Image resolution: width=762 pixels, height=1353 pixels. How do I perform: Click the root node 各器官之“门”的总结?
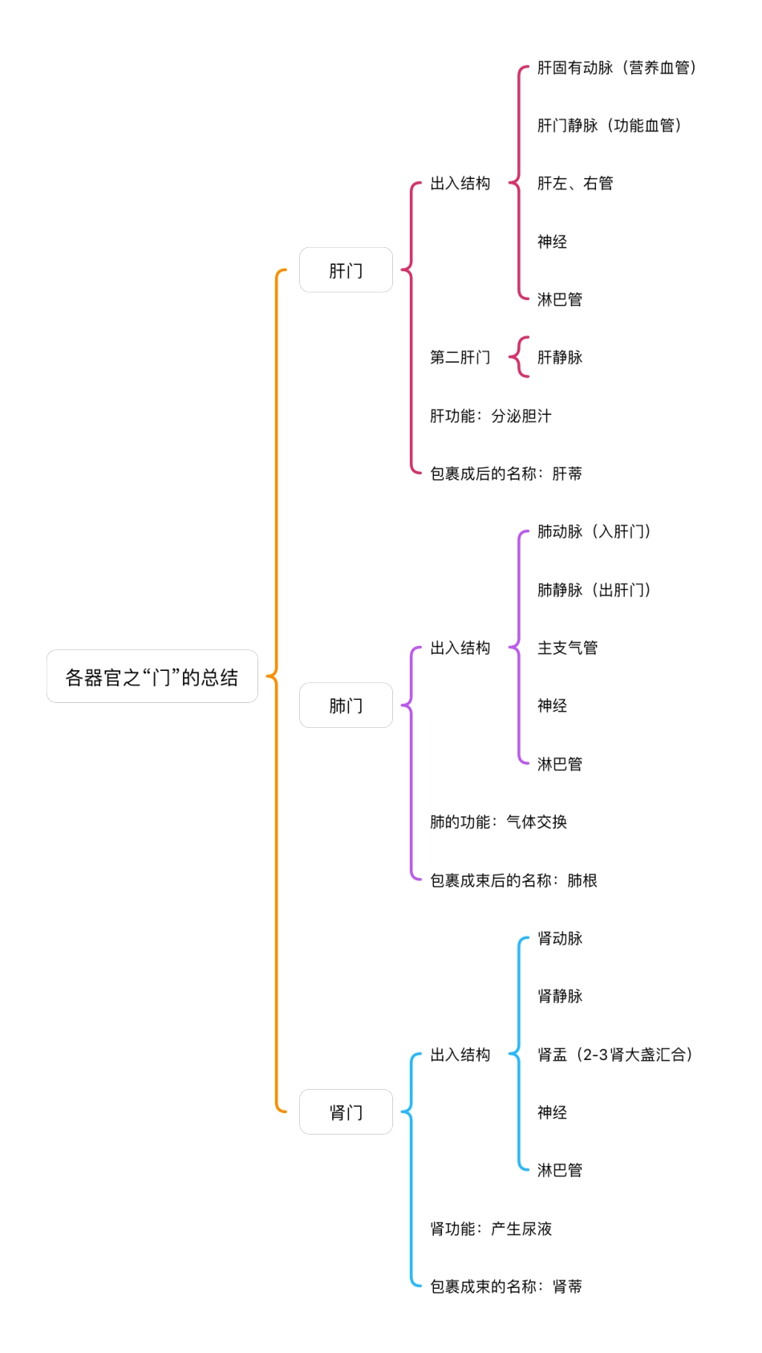tap(152, 676)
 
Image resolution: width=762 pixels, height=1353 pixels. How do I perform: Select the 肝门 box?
tap(346, 270)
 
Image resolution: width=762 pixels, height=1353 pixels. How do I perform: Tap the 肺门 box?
tap(346, 705)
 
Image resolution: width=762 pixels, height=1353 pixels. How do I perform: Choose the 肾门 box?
tap(346, 1112)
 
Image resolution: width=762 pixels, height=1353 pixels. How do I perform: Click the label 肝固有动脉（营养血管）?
tap(616, 68)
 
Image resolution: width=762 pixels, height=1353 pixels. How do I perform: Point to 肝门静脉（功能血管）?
tap(609, 126)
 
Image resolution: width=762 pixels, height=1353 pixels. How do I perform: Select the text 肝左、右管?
tap(575, 184)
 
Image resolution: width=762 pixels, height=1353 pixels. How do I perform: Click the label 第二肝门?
tap(460, 357)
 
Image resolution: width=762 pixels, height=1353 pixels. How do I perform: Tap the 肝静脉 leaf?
tap(560, 357)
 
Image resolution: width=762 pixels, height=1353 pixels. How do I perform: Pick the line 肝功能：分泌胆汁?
tap(490, 416)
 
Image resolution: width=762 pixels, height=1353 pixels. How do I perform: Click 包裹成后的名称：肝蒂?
tap(505, 473)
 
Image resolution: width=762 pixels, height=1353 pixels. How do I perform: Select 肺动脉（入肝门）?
tap(594, 532)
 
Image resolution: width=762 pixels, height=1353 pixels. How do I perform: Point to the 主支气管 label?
tap(567, 648)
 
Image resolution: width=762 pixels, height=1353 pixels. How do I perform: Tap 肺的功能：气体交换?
tap(498, 822)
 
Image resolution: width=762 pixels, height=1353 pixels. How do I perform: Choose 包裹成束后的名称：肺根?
tap(513, 880)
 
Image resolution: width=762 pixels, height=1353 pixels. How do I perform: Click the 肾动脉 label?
tap(560, 938)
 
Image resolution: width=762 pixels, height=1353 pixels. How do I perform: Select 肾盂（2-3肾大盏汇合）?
tap(614, 1054)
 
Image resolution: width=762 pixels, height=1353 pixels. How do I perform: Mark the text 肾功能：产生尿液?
tap(490, 1229)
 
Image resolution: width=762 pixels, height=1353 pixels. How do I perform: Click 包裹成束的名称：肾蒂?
tap(505, 1286)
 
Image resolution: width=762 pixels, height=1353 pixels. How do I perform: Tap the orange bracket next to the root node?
tap(277, 690)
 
